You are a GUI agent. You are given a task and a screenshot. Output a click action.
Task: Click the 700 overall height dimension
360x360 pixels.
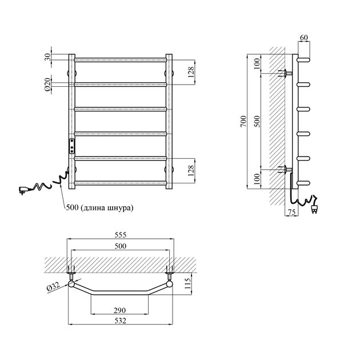coord(243,121)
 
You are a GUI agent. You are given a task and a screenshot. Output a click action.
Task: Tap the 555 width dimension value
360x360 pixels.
coord(121,235)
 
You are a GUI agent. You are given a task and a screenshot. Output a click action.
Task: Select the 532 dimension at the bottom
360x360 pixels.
coord(121,321)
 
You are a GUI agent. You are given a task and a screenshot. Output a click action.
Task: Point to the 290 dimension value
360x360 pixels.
coord(119,310)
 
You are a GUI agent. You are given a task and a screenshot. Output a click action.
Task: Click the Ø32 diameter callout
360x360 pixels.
coord(53,287)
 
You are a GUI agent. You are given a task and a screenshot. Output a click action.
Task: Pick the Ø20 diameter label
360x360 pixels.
coord(47,85)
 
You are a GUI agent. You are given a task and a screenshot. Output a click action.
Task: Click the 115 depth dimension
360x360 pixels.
coord(187,283)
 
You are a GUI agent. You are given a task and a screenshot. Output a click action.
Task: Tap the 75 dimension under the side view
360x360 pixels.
coord(291,212)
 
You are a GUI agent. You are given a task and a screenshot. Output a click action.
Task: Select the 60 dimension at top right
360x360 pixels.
coord(304,37)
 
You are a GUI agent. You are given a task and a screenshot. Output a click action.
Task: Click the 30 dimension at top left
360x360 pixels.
coord(47,57)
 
